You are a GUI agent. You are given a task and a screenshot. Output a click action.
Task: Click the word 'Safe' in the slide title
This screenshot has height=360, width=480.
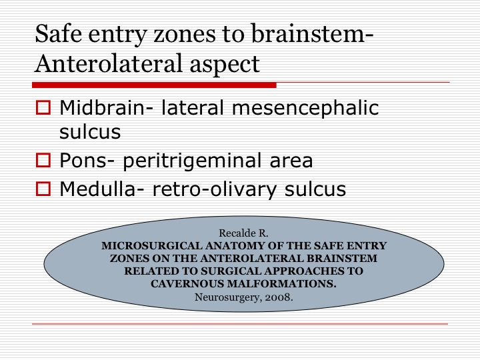(59, 33)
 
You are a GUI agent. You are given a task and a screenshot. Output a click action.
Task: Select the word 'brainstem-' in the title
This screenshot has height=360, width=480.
(312, 33)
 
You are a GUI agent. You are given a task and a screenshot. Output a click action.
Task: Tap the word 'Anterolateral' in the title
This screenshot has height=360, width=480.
(109, 63)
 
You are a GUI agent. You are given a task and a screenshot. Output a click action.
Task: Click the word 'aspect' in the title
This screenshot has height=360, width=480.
(225, 65)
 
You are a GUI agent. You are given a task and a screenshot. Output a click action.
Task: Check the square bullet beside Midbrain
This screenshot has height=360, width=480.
(43, 108)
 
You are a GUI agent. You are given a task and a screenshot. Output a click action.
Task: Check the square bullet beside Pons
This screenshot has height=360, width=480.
(43, 161)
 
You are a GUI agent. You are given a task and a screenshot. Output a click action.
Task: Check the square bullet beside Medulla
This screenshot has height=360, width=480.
(43, 189)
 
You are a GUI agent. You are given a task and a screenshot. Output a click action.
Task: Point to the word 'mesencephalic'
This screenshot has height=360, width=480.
(305, 109)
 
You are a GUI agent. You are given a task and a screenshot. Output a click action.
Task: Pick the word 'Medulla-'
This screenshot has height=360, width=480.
(101, 189)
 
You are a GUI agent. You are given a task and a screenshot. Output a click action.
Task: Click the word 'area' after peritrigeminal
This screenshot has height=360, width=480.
(291, 162)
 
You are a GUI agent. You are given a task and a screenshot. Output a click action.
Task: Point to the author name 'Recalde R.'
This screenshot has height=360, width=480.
(243, 233)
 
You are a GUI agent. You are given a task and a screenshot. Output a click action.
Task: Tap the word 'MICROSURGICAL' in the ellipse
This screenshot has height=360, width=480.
(152, 246)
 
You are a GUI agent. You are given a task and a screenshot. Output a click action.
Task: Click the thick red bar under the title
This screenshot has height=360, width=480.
(154, 85)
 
